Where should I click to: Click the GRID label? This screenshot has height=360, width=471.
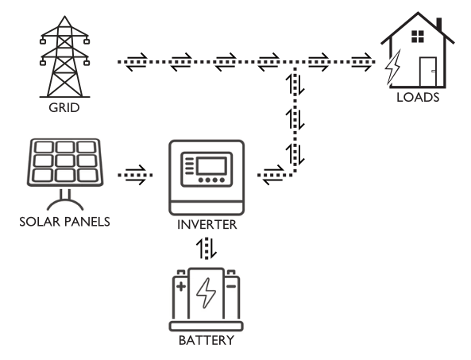[x=64, y=107]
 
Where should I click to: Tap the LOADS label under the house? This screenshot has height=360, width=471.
[x=418, y=98]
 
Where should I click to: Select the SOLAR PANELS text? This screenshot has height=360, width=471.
[x=64, y=222]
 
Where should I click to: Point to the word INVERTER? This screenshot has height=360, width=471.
[x=207, y=224]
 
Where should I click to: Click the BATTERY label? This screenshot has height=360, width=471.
[x=207, y=340]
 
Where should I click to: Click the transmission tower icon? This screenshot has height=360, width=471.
[x=64, y=57]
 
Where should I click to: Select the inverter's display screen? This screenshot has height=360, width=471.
[x=210, y=166]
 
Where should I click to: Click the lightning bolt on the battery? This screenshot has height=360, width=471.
[x=206, y=293]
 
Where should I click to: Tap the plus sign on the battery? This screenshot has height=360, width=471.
[x=181, y=286]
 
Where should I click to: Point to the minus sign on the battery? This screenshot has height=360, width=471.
[x=231, y=286]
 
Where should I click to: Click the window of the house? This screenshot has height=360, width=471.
[x=418, y=37]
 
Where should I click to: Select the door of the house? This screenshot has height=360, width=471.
[x=428, y=72]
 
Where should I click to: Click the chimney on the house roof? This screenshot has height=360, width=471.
[x=439, y=25]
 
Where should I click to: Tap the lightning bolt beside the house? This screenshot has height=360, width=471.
[x=393, y=68]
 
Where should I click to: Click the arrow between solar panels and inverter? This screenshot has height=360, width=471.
[x=136, y=175]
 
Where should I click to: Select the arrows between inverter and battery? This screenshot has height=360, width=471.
[x=207, y=249]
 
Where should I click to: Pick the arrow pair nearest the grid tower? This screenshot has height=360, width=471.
[x=137, y=62]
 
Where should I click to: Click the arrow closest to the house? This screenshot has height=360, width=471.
[x=361, y=62]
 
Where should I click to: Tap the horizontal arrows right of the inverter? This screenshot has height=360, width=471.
[x=273, y=175]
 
